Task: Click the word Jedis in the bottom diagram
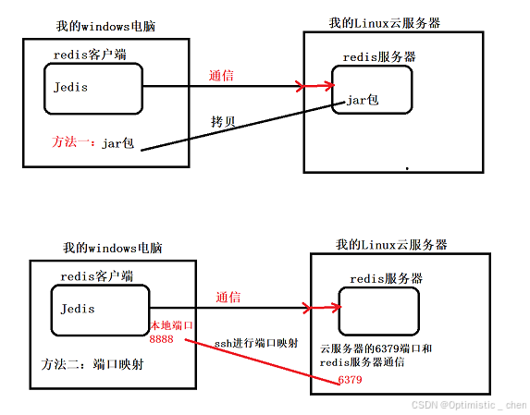[x=77, y=309]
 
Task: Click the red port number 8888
[x=162, y=340]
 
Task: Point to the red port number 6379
[x=351, y=380]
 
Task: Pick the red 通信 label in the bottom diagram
[x=228, y=297]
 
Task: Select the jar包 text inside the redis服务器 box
[x=362, y=100]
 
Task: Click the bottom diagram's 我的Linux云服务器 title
[x=392, y=245]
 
